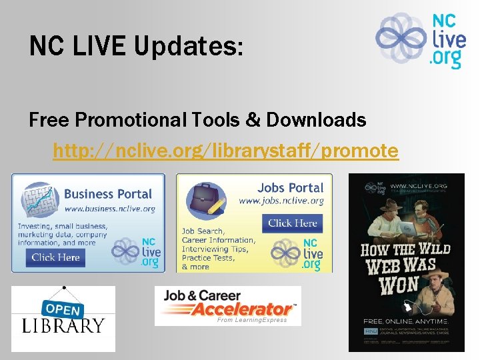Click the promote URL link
225,151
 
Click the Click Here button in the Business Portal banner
56,257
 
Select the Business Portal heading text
108,194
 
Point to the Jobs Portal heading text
290,188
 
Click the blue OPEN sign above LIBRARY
63,309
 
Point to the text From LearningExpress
252,320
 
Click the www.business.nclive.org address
109,209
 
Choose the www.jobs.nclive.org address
281,201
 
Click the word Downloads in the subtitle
316,120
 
